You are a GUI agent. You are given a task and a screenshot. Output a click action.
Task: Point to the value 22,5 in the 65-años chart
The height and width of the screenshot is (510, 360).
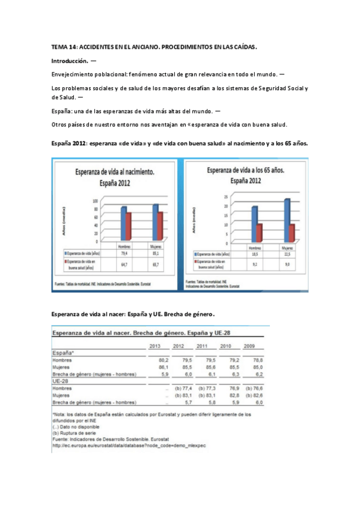286,254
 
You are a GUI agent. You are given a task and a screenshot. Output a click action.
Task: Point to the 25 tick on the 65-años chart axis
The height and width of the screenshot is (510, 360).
225,197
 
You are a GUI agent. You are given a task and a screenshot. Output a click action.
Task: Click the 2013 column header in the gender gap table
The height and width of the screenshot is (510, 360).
154,346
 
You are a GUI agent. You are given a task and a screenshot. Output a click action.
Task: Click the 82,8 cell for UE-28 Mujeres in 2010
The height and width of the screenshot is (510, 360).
226,396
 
